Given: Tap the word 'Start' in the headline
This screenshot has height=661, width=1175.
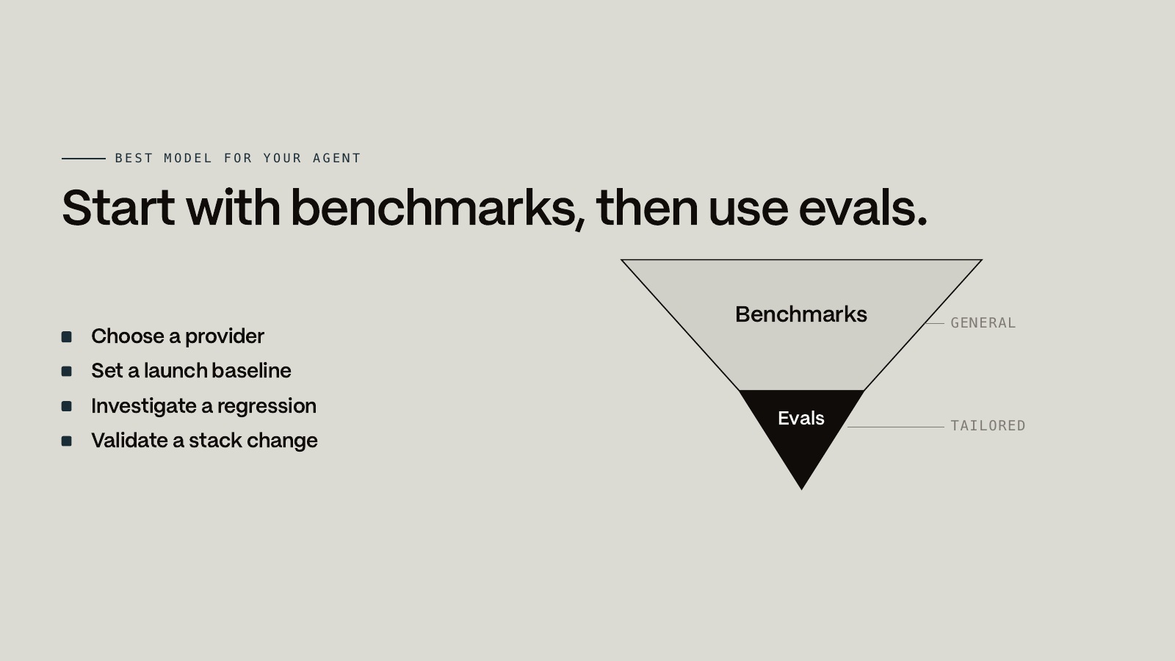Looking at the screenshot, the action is click(118, 209).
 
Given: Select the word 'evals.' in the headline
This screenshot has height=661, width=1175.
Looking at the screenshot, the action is click(863, 209).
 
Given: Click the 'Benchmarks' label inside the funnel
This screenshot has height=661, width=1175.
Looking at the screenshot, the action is click(801, 315).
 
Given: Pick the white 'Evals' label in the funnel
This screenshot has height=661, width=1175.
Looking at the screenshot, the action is click(801, 419).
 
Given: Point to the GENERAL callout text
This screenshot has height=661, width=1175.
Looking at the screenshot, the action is click(983, 323).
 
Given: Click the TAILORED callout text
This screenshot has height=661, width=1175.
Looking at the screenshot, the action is click(988, 425).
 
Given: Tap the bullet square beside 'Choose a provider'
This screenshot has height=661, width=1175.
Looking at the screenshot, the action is click(67, 337).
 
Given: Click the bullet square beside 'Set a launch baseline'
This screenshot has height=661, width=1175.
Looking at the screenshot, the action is click(67, 372).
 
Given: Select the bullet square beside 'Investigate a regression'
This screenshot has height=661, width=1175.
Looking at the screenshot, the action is click(67, 407).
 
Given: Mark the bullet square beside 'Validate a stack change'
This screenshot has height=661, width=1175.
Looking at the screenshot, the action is click(67, 441).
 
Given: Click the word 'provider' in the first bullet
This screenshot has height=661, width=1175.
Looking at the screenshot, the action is click(225, 337).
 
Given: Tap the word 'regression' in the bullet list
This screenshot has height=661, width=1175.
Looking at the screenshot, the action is click(267, 407).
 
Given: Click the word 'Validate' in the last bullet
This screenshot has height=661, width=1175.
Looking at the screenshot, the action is click(129, 441).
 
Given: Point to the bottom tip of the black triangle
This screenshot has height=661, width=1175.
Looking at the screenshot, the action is click(801, 489).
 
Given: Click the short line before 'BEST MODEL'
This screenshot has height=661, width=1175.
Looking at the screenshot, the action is click(84, 159).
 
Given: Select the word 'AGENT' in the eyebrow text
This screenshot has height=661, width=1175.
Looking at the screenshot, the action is click(336, 158).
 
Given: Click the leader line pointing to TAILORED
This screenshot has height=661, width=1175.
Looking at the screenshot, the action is click(895, 427).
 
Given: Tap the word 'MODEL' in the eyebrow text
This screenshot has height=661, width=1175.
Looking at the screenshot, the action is click(188, 158).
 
